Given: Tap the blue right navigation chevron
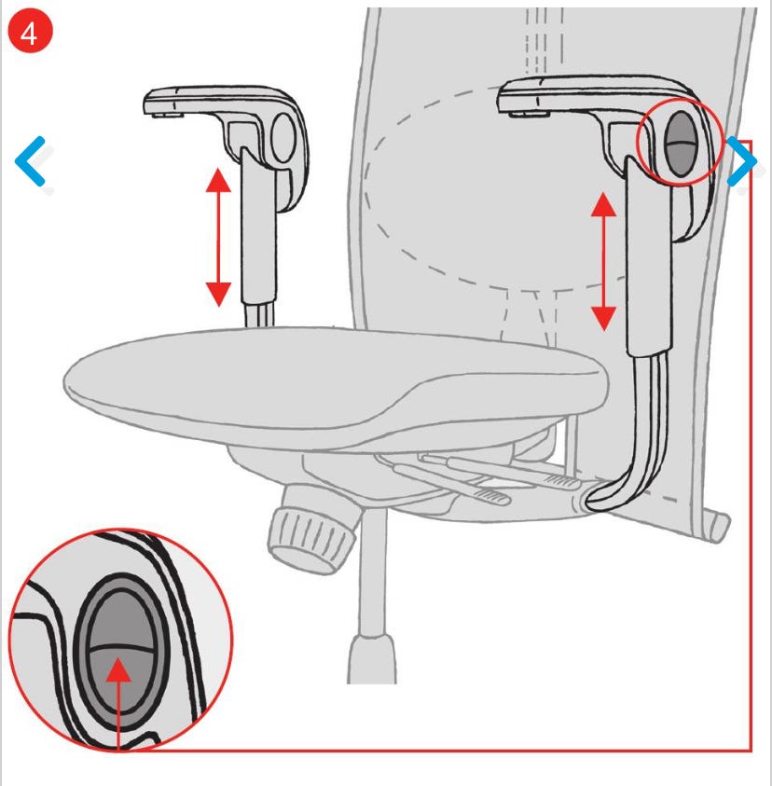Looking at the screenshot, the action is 743,161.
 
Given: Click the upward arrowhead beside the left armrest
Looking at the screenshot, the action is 218,181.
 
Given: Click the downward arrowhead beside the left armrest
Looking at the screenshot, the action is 218,295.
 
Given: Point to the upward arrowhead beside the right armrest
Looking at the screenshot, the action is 603,204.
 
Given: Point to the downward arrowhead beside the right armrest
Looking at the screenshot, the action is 603,318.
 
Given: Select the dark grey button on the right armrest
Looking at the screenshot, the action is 681,144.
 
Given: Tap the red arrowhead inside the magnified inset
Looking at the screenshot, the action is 118,670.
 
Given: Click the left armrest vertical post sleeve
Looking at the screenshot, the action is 258,226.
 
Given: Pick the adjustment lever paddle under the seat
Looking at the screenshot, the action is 491,496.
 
